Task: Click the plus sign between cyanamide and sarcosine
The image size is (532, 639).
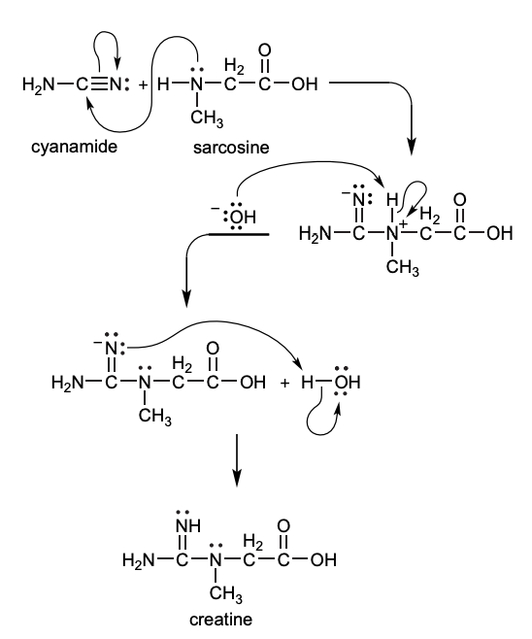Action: pos(144,84)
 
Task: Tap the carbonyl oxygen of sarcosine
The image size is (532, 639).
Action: pos(266,50)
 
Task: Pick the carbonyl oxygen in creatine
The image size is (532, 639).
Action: pos(283,526)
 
